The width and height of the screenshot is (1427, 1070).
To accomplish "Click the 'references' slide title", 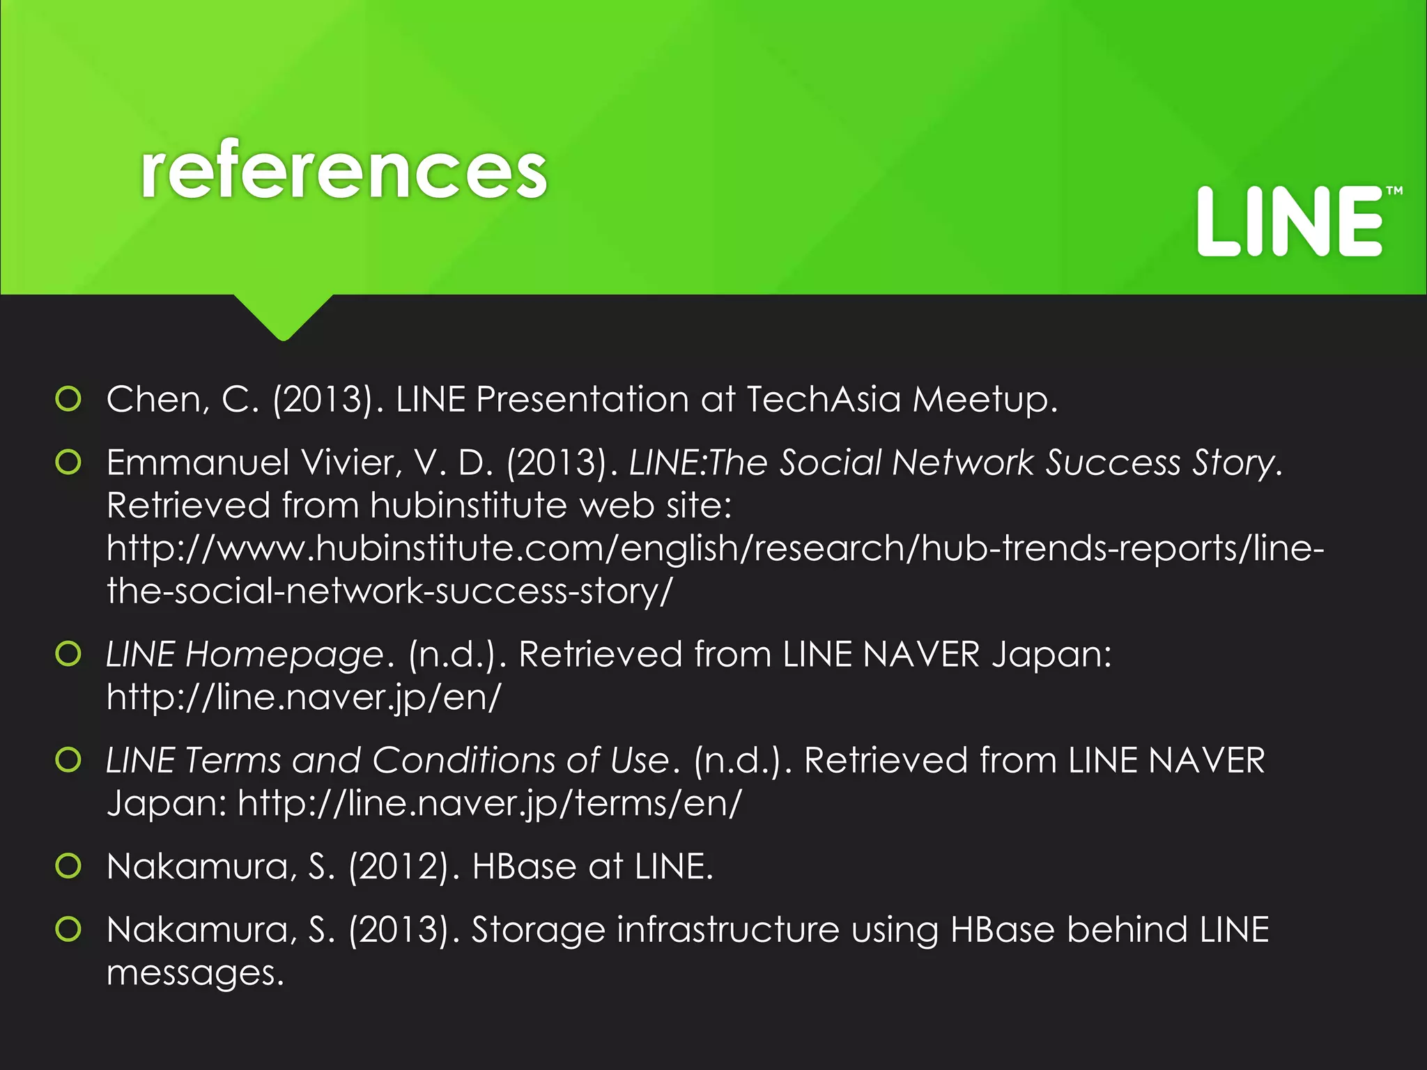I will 344,171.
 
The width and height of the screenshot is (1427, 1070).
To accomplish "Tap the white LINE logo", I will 1289,222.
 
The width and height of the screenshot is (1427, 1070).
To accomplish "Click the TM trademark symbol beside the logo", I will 1394,191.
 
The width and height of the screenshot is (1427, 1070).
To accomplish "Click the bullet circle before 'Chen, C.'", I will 68,399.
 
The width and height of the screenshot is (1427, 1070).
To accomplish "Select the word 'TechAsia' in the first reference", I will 824,400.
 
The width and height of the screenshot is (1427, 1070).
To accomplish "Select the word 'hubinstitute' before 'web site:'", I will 468,505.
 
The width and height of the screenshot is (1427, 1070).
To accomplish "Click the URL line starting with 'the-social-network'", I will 389,591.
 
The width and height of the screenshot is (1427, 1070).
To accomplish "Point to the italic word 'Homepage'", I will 284,656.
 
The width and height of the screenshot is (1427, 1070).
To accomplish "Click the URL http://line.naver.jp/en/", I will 304,697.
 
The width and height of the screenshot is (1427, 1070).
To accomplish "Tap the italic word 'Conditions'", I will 463,760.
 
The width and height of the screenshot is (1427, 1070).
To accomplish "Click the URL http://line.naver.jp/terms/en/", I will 490,803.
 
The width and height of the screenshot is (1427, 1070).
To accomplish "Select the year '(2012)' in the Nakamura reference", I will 398,867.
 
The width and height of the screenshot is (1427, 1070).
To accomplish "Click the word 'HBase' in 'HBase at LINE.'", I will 524,867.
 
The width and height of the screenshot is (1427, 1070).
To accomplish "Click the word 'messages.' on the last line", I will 196,974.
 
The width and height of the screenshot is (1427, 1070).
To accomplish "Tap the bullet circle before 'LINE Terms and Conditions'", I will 68,760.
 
